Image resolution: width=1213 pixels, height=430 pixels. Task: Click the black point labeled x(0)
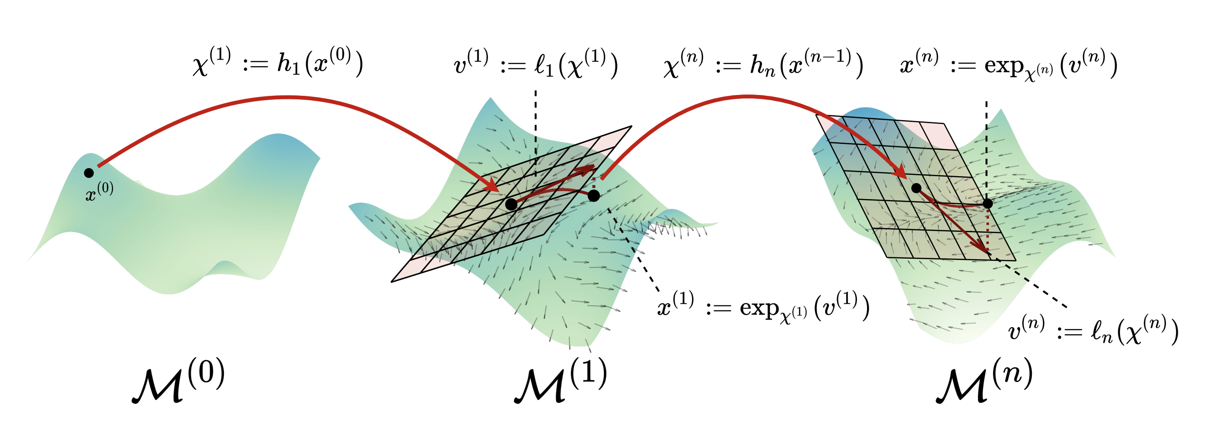point(89,173)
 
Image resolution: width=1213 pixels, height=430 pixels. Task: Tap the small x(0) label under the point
point(99,192)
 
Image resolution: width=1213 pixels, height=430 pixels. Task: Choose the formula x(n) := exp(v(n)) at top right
point(1008,65)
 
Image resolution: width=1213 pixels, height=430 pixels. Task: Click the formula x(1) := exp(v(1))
point(763,307)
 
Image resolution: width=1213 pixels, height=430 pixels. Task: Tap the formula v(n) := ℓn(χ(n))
point(1093,330)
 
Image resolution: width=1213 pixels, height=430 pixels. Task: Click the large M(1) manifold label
point(560,380)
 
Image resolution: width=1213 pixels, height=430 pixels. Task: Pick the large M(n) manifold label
point(984,380)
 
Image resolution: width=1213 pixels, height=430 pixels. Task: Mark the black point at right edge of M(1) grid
point(594,195)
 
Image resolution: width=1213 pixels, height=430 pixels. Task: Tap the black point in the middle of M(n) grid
point(916,188)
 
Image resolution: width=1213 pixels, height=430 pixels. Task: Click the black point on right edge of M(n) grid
point(988,204)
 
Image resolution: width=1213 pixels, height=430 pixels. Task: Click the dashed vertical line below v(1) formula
point(536,132)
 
